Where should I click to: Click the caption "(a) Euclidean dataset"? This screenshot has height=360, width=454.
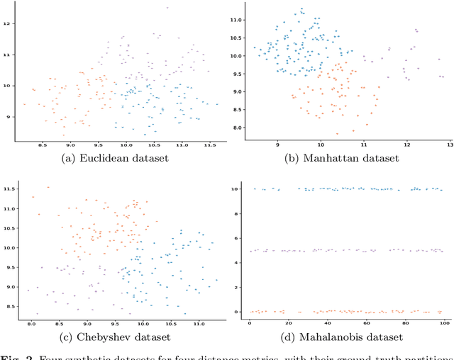click(x=117, y=157)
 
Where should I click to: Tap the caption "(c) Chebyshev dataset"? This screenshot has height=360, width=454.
click(x=116, y=337)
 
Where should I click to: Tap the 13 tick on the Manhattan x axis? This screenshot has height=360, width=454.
click(x=448, y=145)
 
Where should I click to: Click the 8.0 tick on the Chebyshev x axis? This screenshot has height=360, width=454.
click(x=31, y=323)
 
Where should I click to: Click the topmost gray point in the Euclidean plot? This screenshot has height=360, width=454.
click(x=167, y=8)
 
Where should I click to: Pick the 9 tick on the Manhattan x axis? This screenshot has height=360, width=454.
click(x=277, y=145)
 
